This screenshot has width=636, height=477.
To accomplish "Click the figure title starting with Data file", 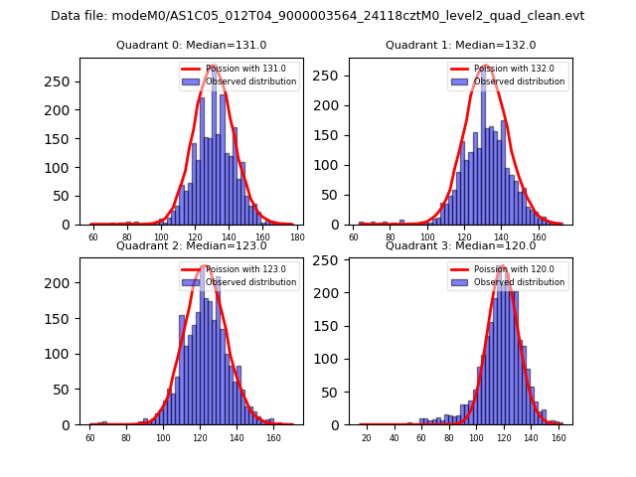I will coord(317,16).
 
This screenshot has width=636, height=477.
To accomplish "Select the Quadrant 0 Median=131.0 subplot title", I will coord(191,45).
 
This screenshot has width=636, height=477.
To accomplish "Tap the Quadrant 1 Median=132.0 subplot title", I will coord(460,45).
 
